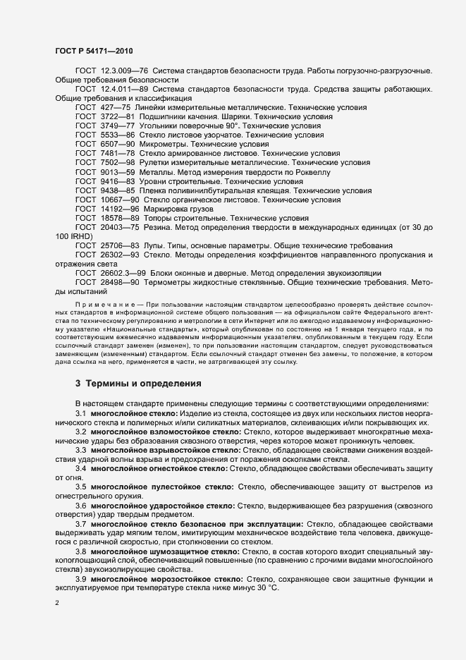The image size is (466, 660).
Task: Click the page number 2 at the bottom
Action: [x=57, y=604]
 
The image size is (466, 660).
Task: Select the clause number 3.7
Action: [x=81, y=524]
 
